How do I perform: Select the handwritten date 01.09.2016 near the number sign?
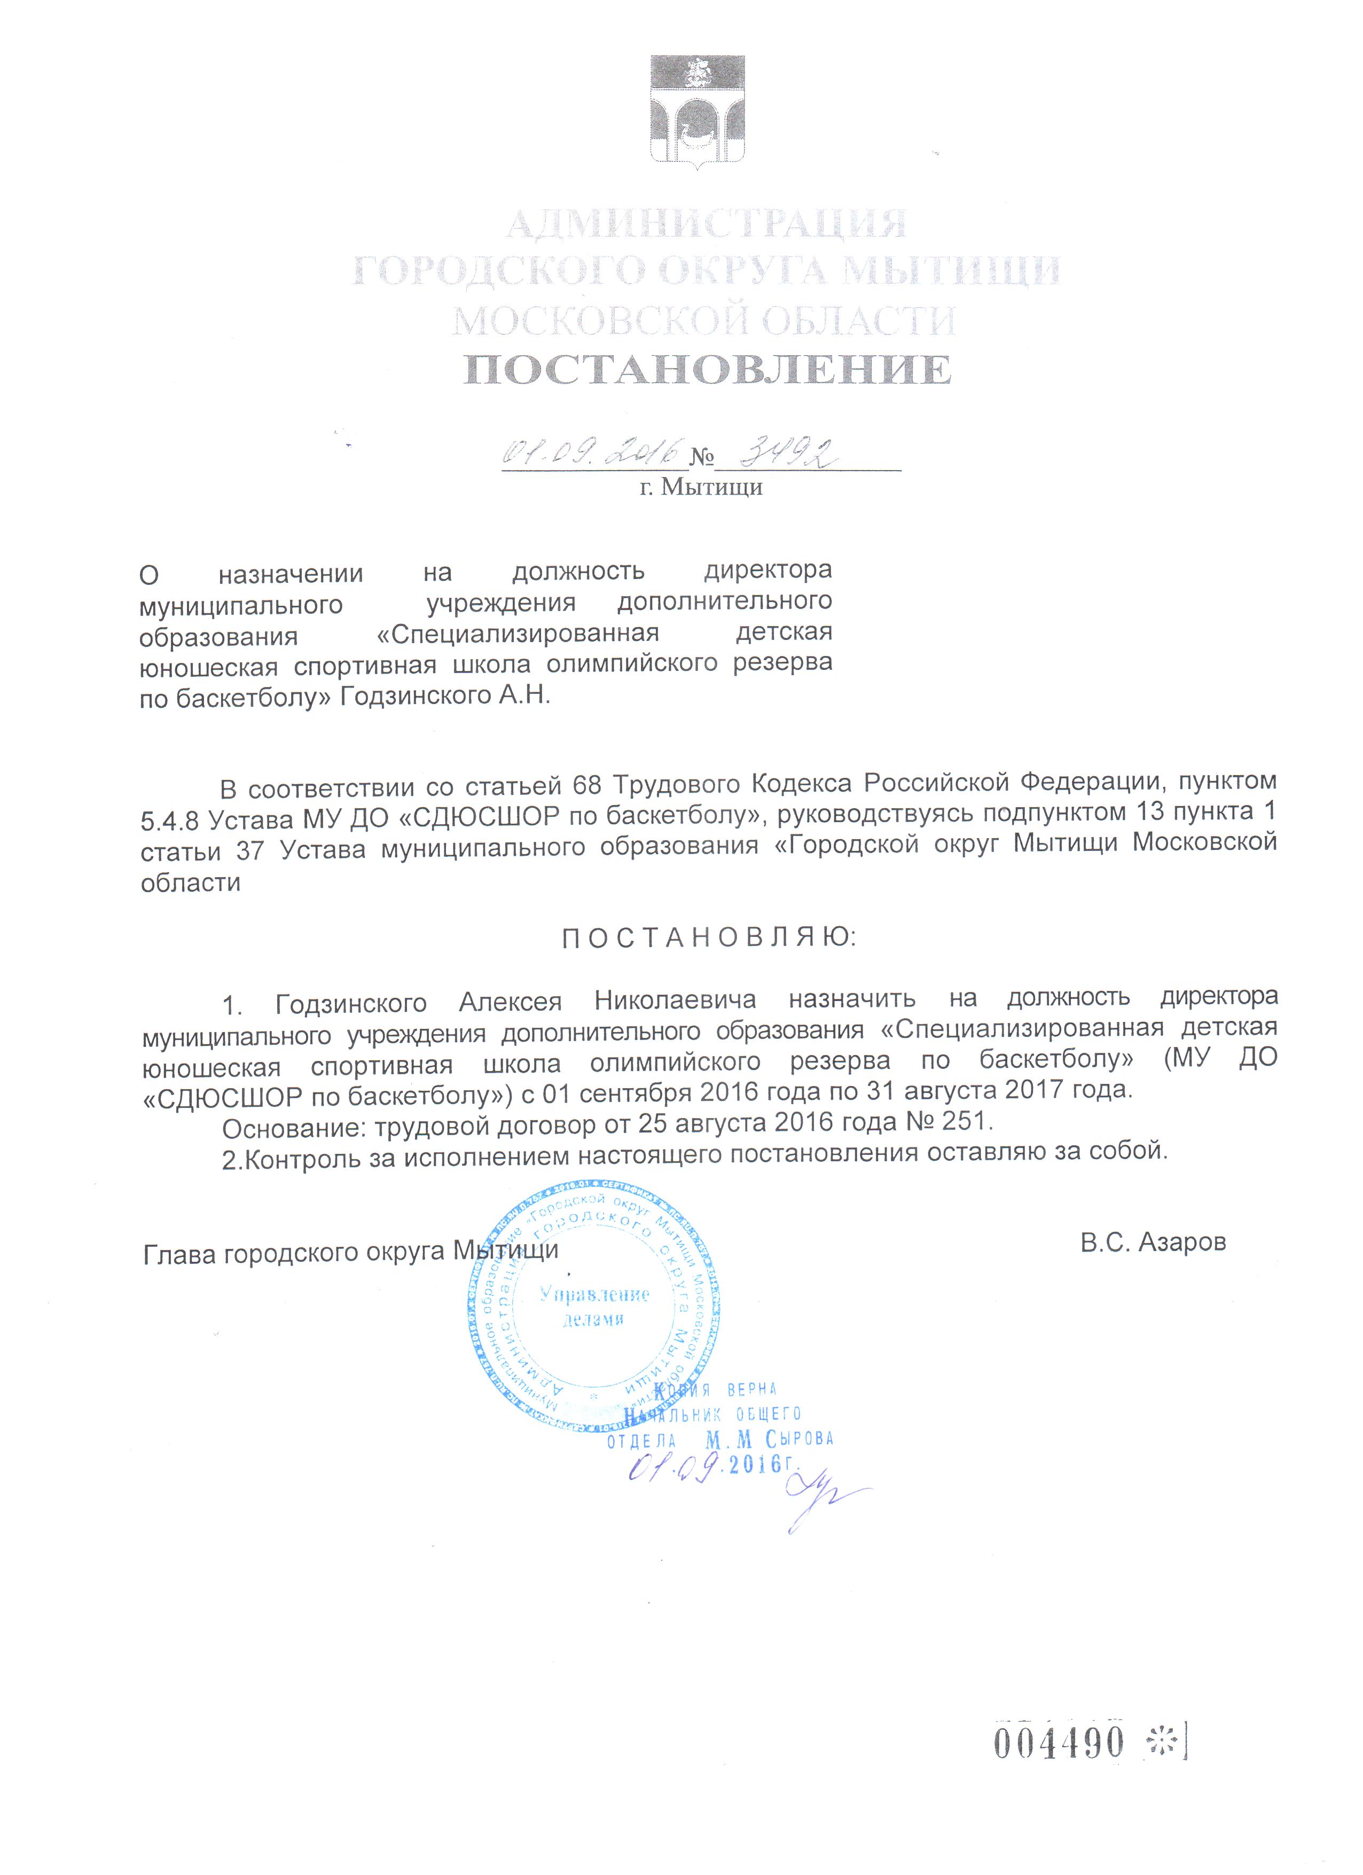(592, 452)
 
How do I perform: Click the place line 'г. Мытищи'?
(701, 487)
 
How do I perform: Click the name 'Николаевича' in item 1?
(675, 1001)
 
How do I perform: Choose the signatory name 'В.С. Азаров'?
(1153, 1242)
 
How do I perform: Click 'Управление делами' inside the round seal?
(594, 1306)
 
